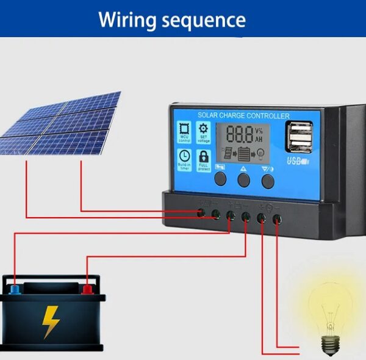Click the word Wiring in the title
click(127, 20)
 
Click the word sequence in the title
click(204, 20)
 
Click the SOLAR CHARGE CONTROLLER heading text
click(244, 116)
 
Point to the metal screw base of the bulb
click(330, 345)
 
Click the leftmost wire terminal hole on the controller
click(200, 213)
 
